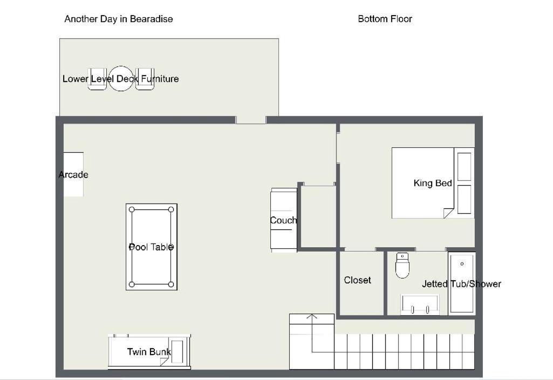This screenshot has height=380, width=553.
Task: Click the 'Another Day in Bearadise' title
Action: (x=119, y=19)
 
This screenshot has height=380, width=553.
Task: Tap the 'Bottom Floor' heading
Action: (x=385, y=19)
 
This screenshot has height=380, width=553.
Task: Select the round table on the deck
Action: (x=121, y=79)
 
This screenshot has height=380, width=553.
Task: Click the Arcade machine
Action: (x=73, y=174)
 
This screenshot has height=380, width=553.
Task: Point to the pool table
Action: (x=152, y=247)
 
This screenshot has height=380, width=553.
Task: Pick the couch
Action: (x=284, y=220)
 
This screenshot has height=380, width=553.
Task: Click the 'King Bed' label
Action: (x=433, y=183)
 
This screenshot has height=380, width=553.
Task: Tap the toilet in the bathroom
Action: (x=402, y=266)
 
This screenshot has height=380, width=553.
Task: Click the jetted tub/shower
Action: (x=462, y=283)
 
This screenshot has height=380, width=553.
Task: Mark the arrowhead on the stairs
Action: (x=312, y=316)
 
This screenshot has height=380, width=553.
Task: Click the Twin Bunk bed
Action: (x=149, y=351)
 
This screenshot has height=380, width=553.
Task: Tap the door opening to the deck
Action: (x=251, y=120)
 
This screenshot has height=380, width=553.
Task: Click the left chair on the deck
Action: (x=97, y=79)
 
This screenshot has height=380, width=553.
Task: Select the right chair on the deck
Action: (x=145, y=79)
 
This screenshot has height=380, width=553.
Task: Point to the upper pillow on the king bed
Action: (x=464, y=167)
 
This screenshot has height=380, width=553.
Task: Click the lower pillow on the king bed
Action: (x=464, y=199)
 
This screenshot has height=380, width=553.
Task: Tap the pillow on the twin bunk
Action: (x=177, y=351)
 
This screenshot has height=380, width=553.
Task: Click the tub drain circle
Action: (x=462, y=263)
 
